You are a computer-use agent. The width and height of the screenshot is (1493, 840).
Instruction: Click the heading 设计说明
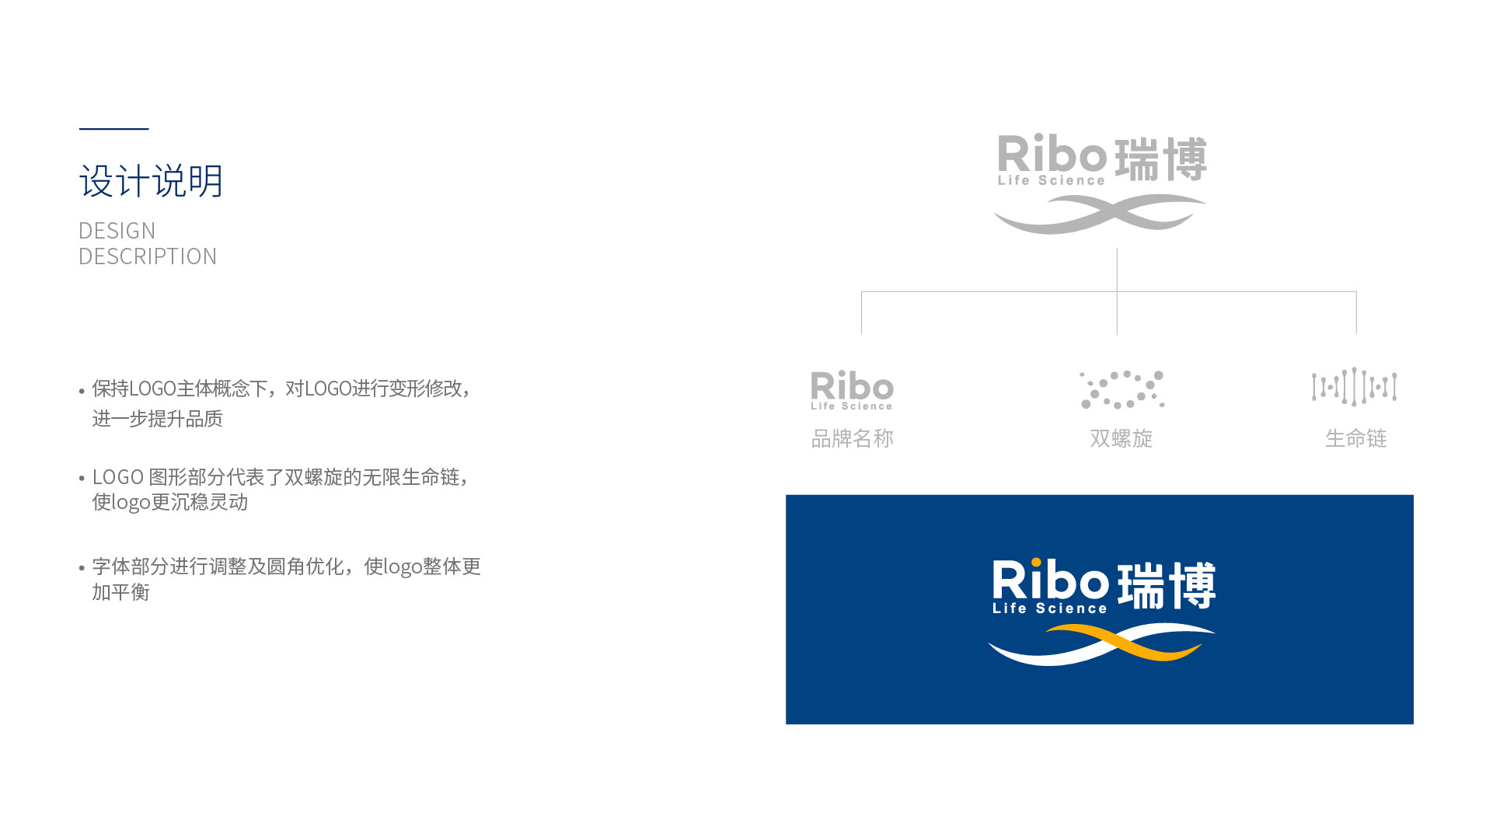(x=151, y=181)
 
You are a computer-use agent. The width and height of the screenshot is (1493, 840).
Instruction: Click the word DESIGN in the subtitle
(x=117, y=231)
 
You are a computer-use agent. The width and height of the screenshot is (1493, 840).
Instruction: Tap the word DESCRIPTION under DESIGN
(x=148, y=256)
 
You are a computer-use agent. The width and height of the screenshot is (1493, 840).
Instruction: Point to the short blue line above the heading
(x=113, y=129)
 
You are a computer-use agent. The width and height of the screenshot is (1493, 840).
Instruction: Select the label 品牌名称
(x=852, y=438)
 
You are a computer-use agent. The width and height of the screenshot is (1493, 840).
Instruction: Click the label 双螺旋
(x=1121, y=438)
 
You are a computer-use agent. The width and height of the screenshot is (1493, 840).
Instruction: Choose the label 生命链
(x=1355, y=438)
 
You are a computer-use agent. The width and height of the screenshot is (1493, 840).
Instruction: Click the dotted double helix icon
(x=1121, y=389)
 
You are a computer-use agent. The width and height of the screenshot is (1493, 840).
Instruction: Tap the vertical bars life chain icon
(x=1354, y=387)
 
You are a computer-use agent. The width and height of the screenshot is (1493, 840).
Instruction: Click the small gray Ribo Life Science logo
(x=852, y=390)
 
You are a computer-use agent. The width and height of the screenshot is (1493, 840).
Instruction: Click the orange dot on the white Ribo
(x=1036, y=563)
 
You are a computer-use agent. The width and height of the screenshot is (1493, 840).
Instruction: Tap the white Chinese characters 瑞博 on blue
(x=1166, y=585)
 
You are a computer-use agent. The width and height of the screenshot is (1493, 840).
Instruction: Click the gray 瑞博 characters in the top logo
(x=1160, y=159)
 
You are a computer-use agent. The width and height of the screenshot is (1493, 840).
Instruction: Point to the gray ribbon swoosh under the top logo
(x=1100, y=214)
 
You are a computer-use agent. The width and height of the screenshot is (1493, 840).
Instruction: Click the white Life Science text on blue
(x=1049, y=608)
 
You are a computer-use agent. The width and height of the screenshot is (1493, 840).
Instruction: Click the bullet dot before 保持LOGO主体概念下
(x=82, y=391)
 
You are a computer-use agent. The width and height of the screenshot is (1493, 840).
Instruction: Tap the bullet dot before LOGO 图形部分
(x=82, y=479)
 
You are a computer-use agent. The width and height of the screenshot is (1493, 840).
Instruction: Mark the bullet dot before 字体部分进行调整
(x=82, y=568)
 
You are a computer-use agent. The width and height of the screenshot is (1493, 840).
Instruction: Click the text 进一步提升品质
(x=157, y=419)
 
